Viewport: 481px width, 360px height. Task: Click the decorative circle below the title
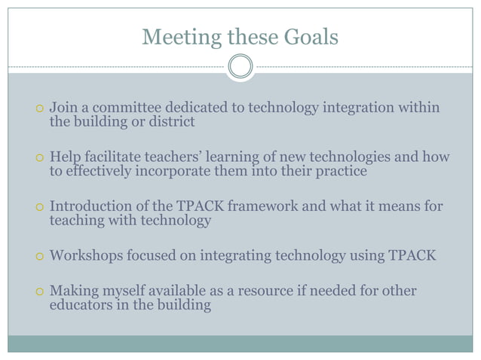pyautogui.click(x=240, y=66)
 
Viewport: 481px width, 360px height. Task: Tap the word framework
pyautogui.click(x=247, y=206)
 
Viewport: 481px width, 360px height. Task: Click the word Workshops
pyautogui.click(x=84, y=255)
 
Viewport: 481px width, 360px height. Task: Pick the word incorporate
pyautogui.click(x=173, y=171)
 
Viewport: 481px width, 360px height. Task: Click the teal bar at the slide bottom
pyautogui.click(x=240, y=343)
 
